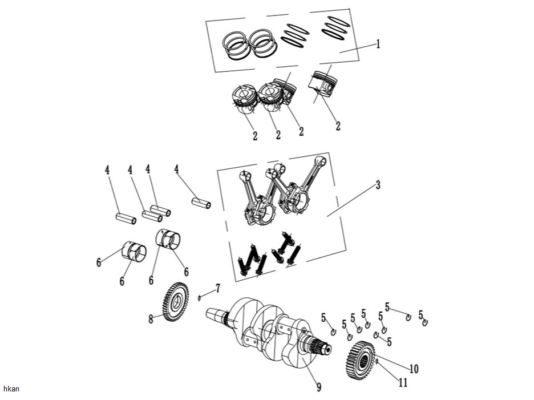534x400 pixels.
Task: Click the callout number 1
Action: [378, 44]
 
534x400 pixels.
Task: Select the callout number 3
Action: [378, 185]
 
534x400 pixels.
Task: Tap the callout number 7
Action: [217, 289]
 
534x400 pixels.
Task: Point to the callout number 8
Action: [151, 319]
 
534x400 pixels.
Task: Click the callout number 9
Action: [319, 387]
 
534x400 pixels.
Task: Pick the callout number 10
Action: [414, 369]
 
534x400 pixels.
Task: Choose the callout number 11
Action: [403, 383]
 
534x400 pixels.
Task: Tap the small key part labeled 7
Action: [199, 298]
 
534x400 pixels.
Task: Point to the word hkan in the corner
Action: [11, 389]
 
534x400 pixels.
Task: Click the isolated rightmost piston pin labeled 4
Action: [201, 203]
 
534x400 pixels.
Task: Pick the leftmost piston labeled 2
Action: [244, 99]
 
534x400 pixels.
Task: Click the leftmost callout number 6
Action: [99, 262]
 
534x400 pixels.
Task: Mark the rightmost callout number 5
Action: [421, 314]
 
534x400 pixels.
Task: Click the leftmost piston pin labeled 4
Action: [125, 219]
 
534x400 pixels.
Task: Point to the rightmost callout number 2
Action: [338, 126]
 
